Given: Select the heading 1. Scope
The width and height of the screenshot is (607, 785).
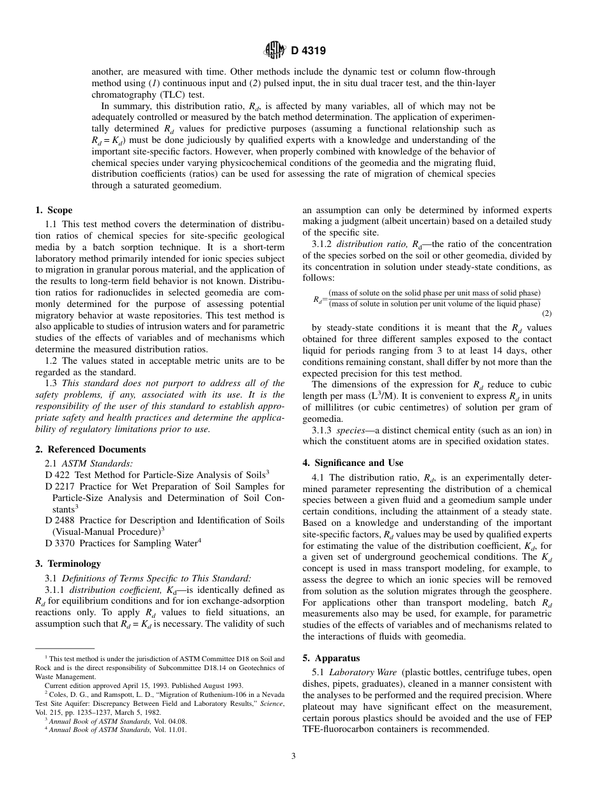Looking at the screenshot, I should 54,210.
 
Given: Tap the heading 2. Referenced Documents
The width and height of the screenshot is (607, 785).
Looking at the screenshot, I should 90,449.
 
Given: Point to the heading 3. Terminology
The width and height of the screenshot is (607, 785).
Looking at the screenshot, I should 68,564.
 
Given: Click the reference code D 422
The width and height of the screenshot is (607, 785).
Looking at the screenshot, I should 58,475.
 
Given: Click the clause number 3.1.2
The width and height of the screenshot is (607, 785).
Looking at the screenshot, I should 322,244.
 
